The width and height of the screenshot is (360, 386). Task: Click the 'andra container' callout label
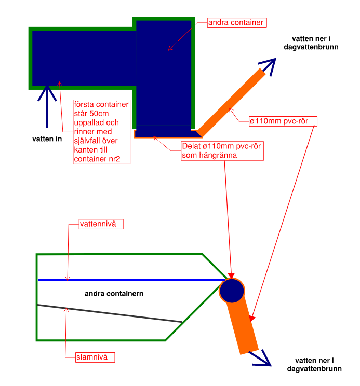(237, 23)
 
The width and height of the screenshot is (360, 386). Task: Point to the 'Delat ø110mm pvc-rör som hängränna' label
(222, 150)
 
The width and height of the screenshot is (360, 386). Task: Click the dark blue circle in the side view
(232, 291)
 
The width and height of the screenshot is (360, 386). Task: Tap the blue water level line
(130, 280)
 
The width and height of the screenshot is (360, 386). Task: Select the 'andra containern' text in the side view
(114, 294)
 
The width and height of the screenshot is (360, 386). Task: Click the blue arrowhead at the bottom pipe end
(263, 358)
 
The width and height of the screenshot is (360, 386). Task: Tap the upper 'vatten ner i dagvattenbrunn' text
(312, 43)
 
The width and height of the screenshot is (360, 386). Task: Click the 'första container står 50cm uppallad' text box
(101, 132)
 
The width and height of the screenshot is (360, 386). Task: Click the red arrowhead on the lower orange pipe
(252, 318)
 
